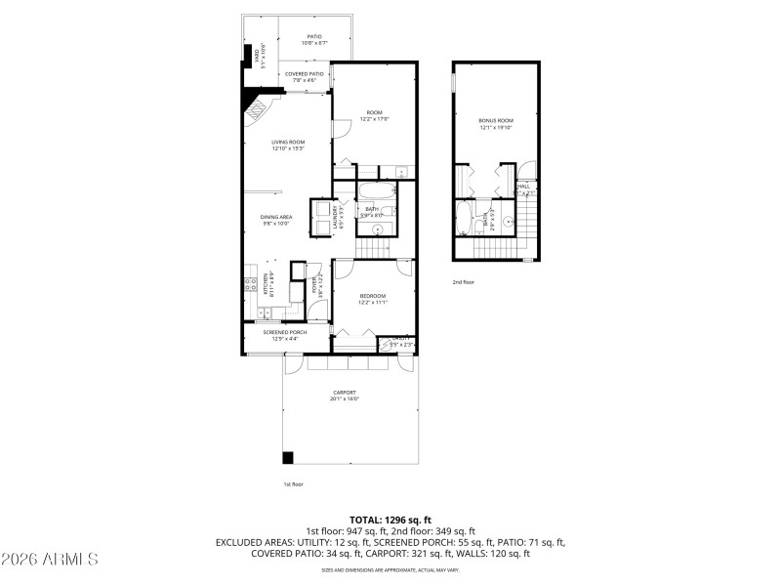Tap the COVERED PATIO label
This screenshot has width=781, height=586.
pyautogui.click(x=305, y=75)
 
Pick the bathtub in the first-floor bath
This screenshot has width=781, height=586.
pyautogui.click(x=375, y=192)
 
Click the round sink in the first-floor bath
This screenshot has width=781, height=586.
pyautogui.click(x=377, y=230)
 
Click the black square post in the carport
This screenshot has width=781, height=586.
pyautogui.click(x=288, y=457)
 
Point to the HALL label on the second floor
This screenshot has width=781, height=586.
pyautogui.click(x=524, y=187)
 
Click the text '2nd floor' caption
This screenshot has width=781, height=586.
pyautogui.click(x=464, y=282)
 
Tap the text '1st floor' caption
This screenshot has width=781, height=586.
pyautogui.click(x=294, y=484)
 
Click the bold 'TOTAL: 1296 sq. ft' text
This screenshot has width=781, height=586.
pyautogui.click(x=390, y=520)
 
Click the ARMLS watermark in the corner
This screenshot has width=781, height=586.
pyautogui.click(x=51, y=560)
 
